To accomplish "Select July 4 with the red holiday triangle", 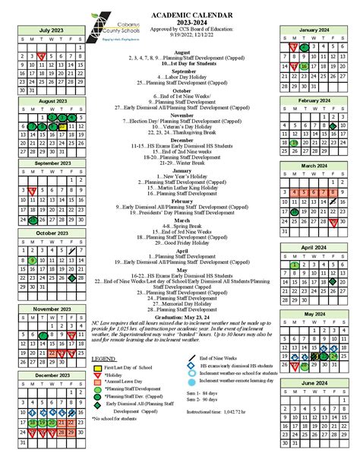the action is point(42,55).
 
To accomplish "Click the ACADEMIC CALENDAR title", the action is point(181,14).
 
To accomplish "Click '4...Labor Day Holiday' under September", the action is point(180,78).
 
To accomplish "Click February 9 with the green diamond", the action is point(331,126).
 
